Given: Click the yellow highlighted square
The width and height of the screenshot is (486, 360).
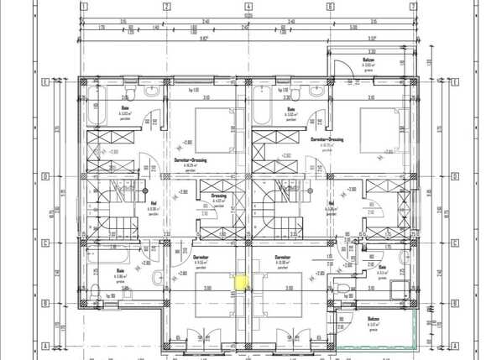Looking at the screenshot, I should [242, 284].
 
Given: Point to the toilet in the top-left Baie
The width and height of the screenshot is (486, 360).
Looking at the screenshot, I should [128, 88].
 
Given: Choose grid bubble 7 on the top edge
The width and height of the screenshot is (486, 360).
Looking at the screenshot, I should [413, 7].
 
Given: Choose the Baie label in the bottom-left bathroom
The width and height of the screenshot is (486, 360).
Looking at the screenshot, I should [121, 270].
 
